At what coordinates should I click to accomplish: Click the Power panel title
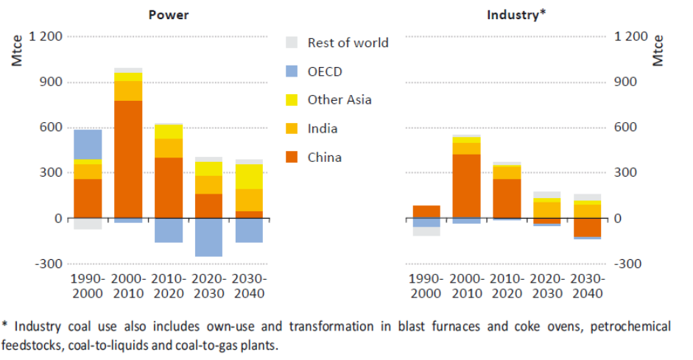pyautogui.click(x=168, y=14)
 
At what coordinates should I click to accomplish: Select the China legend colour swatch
pyautogui.click(x=292, y=158)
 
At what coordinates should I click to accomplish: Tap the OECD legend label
pyautogui.click(x=325, y=71)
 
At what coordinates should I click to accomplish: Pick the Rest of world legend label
pyautogui.click(x=348, y=43)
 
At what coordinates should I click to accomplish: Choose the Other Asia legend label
pyautogui.click(x=340, y=100)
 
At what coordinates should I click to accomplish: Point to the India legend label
pyautogui.click(x=323, y=129)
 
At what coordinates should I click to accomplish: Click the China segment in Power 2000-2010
pyautogui.click(x=128, y=159)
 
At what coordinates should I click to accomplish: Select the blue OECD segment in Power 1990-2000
pyautogui.click(x=88, y=144)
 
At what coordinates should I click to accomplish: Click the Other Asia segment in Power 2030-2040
pyautogui.click(x=249, y=177)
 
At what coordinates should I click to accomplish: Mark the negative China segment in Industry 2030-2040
pyautogui.click(x=588, y=227)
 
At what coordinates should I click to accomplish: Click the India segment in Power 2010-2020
pyautogui.click(x=169, y=148)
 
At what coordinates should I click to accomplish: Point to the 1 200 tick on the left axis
pyautogui.click(x=46, y=36)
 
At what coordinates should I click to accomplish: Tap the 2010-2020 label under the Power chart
pyautogui.click(x=169, y=286)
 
